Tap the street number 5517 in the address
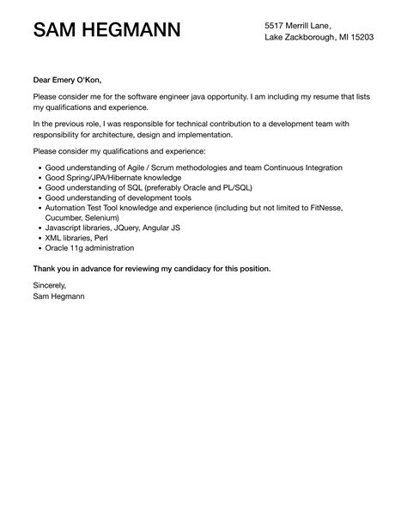[x=275, y=26]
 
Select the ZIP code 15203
[x=361, y=38]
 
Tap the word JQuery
[x=127, y=228]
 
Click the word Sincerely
[x=50, y=285]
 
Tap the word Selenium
[x=112, y=217]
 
